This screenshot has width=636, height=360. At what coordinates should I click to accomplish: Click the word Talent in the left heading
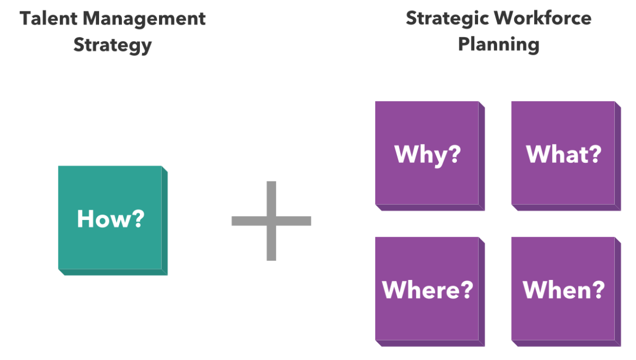48,19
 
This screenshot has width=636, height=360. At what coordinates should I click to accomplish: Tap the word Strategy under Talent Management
113,45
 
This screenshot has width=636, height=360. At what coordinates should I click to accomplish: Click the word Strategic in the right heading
448,19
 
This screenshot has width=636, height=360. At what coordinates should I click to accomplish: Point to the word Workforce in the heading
543,18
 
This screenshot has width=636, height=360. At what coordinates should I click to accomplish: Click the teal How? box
113,221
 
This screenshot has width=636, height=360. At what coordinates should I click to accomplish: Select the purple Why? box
430,156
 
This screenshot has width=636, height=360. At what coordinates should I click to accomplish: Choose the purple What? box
566,156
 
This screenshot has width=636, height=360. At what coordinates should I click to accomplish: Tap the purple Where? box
430,292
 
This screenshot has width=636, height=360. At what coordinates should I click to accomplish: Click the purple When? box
566,292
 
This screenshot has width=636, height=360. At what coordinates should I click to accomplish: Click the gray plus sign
271,221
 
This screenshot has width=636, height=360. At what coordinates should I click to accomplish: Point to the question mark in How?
138,218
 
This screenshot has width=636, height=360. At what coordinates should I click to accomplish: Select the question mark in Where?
467,289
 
